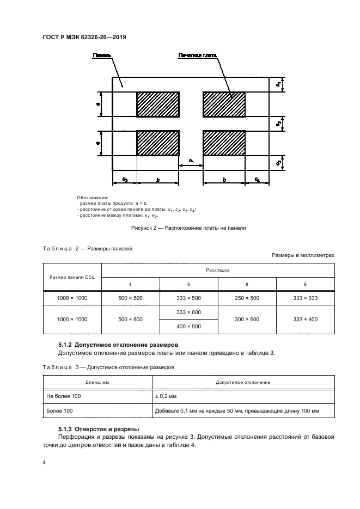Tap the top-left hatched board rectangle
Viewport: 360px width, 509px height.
(x=157, y=103)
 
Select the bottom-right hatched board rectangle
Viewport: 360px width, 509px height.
(x=224, y=143)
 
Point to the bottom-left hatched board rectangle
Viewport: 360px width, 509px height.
(x=157, y=143)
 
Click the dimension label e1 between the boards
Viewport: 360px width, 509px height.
(x=191, y=161)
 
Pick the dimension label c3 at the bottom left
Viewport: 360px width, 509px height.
(x=124, y=179)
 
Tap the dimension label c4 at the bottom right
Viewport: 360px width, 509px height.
(x=257, y=179)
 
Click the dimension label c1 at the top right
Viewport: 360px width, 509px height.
(x=278, y=84)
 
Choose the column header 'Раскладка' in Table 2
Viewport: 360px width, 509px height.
(x=218, y=269)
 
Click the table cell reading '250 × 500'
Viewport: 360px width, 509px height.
(x=247, y=298)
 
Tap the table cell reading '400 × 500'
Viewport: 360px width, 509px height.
(x=188, y=326)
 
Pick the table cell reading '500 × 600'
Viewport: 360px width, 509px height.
(x=131, y=319)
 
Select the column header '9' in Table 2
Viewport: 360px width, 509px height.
(x=305, y=284)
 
